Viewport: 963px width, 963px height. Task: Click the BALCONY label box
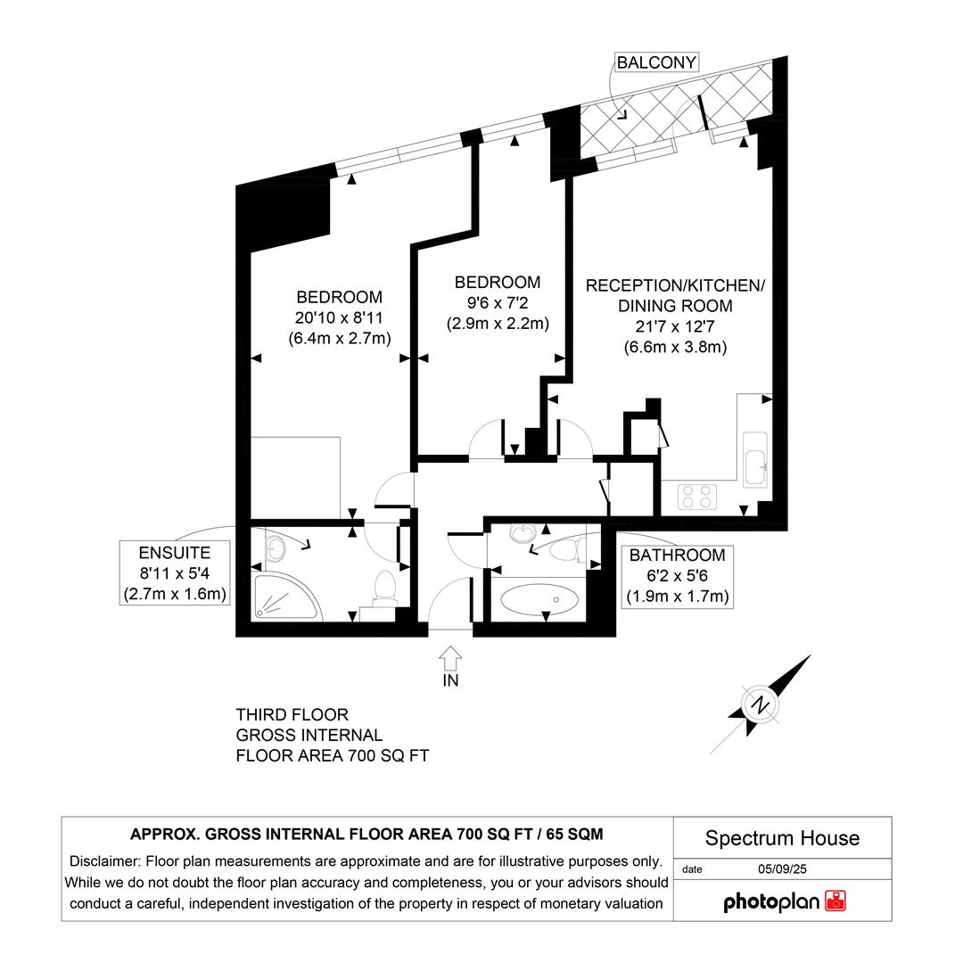(656, 62)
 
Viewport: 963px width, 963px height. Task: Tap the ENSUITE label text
(174, 553)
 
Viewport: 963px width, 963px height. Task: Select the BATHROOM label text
(677, 555)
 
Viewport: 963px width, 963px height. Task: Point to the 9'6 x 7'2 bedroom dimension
(497, 303)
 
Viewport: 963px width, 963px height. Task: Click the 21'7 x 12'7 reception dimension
(675, 326)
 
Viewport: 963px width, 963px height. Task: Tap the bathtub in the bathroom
(537, 600)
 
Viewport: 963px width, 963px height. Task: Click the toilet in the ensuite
(385, 586)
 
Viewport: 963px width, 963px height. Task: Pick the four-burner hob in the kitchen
(698, 496)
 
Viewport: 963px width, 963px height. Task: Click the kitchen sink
(754, 461)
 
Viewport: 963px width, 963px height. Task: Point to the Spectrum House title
(782, 838)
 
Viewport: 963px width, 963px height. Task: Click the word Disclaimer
(103, 861)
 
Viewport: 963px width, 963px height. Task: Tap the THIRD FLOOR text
(292, 715)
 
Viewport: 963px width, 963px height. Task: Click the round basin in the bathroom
(522, 534)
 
